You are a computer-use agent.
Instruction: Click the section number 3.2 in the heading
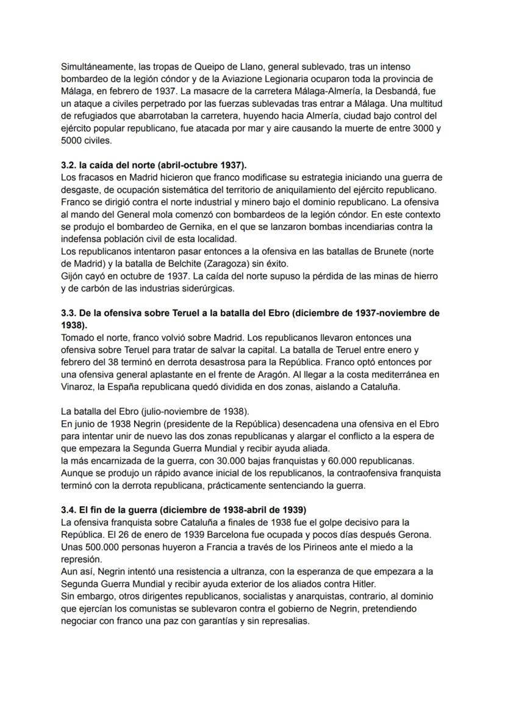pos(69,165)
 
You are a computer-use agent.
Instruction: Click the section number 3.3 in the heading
pos(69,314)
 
